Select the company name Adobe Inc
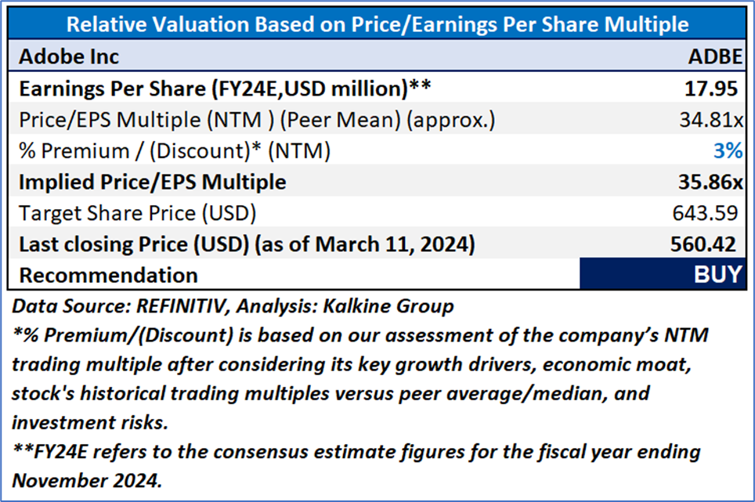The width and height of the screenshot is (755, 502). click(69, 56)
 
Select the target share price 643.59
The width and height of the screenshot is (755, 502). click(708, 213)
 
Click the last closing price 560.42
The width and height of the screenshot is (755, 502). click(703, 244)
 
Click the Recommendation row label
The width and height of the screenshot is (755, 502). click(108, 275)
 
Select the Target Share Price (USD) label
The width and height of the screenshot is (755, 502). click(137, 213)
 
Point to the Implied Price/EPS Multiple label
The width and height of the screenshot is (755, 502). click(153, 182)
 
